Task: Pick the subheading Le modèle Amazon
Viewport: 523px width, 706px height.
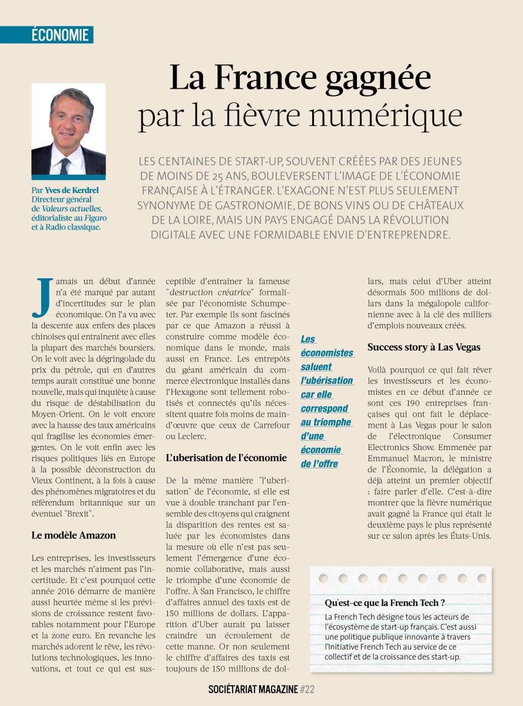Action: [x=74, y=535]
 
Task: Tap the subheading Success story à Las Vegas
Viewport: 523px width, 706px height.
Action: [x=423, y=347]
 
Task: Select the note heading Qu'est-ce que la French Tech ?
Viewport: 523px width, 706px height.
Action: [x=385, y=602]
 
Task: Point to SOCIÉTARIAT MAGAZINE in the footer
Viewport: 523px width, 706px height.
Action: [x=253, y=689]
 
